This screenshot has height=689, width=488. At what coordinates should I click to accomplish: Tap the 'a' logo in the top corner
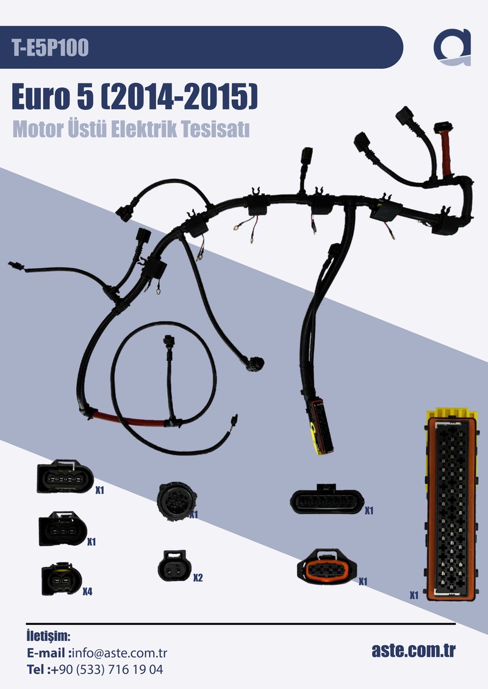[x=453, y=47]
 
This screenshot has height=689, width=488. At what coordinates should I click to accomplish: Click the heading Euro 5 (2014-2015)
[x=135, y=98]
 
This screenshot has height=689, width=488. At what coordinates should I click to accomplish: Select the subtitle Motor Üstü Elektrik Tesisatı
[x=131, y=130]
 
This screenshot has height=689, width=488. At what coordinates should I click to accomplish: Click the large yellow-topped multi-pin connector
[x=451, y=506]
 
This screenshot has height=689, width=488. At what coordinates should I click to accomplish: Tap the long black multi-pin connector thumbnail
[x=325, y=502]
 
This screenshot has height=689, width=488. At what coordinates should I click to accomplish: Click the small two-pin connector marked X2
[x=173, y=566]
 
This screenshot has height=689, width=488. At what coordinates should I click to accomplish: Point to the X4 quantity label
[x=88, y=592]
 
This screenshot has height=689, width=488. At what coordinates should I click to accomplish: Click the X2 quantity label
[x=198, y=578]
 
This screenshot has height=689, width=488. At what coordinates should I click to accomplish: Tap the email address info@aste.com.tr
[x=120, y=653]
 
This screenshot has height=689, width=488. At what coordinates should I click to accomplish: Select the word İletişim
[x=49, y=637]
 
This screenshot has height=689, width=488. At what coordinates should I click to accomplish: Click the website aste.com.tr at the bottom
[x=414, y=650]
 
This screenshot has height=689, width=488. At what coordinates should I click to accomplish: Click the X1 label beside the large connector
[x=414, y=595]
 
